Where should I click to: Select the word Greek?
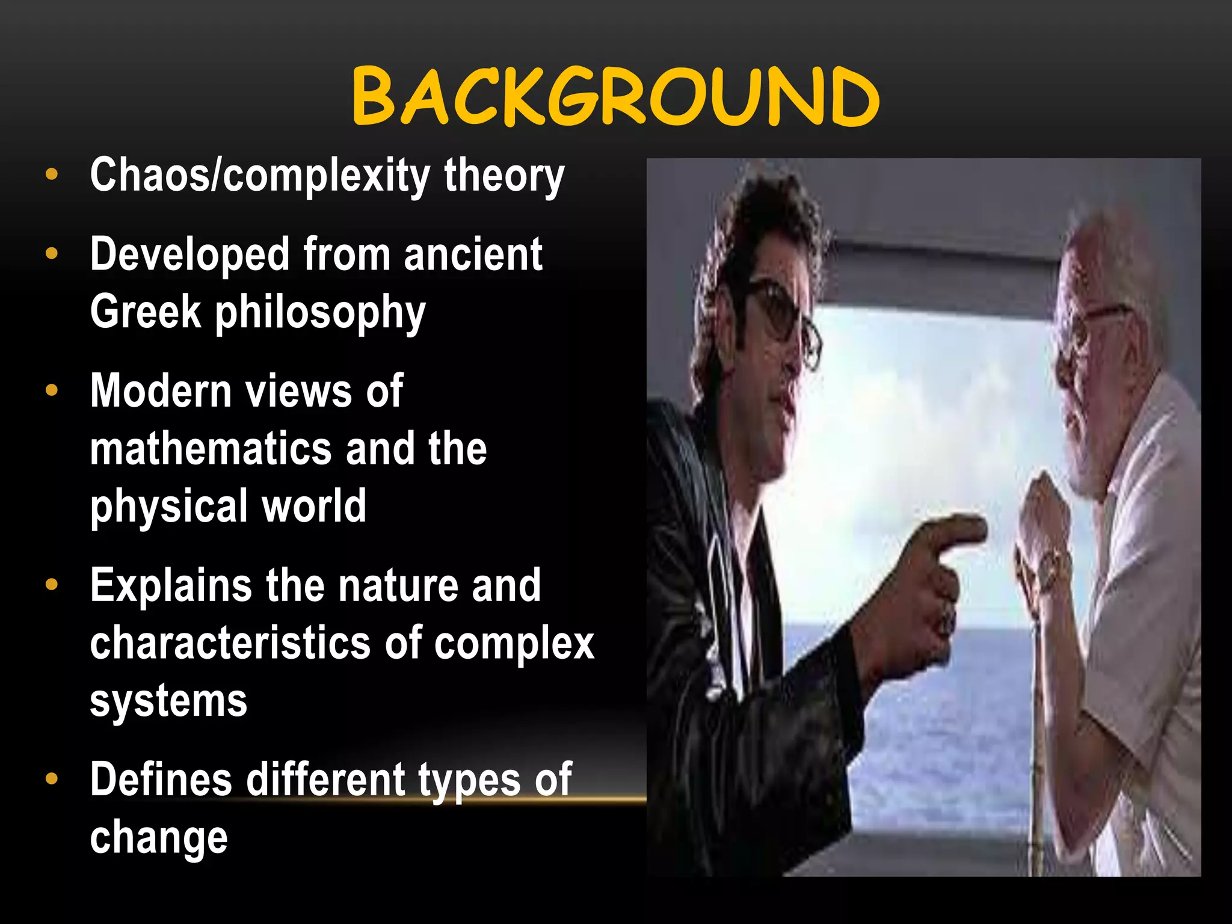point(145,312)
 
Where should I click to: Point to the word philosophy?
point(320,313)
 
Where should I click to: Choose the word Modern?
point(161,391)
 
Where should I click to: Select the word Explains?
point(170,585)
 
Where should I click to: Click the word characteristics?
point(230,642)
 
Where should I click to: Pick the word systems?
point(168,701)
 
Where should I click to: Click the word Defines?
point(161,780)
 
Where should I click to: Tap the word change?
point(159,837)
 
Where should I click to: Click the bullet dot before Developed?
point(52,253)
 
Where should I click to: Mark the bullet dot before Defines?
point(52,779)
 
